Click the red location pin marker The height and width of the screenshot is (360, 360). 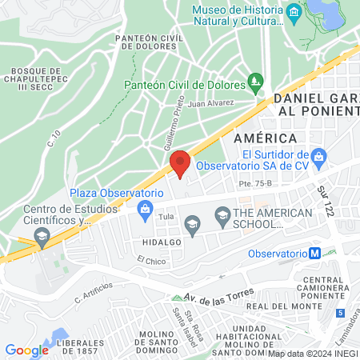click(179, 163)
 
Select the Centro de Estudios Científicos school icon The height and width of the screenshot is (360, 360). click(40, 236)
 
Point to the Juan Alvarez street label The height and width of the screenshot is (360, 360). click(211, 102)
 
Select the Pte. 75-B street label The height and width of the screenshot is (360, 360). click(254, 186)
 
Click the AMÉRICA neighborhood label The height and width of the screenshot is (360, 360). click(259, 138)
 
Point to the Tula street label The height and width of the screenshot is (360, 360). click(166, 217)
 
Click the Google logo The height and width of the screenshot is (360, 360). click(26, 350)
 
